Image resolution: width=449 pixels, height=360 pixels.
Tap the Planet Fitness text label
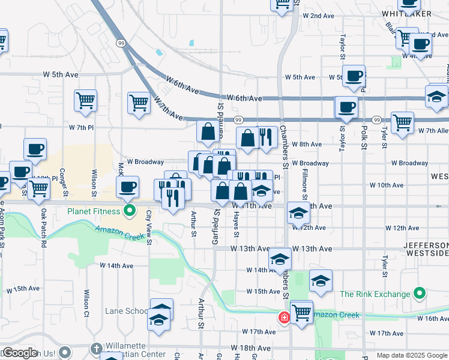(x=94, y=211)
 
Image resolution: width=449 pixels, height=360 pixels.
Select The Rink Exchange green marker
(x=420, y=294)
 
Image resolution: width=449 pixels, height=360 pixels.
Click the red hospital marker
(x=283, y=316)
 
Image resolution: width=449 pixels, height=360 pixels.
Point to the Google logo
(x=19, y=353)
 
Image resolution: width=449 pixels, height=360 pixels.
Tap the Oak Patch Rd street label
(x=43, y=221)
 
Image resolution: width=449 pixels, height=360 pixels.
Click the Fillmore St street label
(x=305, y=185)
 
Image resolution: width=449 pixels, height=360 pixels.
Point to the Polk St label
(x=364, y=137)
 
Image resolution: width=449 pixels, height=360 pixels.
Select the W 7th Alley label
(x=434, y=130)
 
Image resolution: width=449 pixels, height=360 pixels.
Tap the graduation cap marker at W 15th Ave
(x=321, y=280)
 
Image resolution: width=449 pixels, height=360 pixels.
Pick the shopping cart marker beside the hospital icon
(x=301, y=311)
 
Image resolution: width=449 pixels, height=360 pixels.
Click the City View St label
(x=148, y=227)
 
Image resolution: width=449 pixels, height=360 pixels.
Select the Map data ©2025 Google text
(x=411, y=355)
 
